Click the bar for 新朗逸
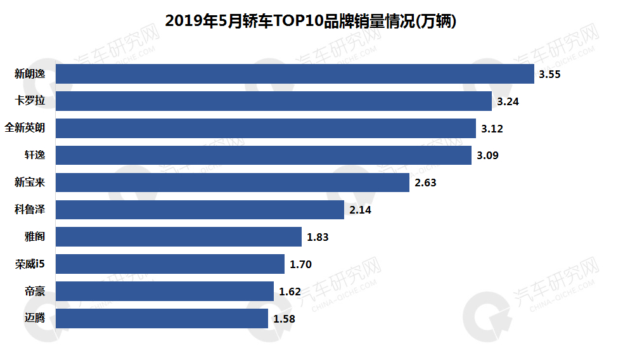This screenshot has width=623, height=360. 295,74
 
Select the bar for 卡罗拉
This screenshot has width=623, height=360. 274,101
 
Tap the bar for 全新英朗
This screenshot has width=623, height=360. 266,129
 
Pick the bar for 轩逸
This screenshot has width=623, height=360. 264,155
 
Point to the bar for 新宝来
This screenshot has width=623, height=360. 233,183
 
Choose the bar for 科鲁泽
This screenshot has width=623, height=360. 200,210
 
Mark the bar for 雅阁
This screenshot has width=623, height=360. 179,237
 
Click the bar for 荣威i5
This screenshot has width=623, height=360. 170,264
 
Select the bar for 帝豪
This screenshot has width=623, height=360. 165,292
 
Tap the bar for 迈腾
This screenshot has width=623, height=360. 162,319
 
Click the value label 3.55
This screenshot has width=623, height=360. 549,75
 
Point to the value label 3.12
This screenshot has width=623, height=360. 492,129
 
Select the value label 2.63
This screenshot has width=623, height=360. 425,183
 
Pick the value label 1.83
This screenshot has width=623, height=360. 318,237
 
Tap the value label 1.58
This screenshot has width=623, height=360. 284,319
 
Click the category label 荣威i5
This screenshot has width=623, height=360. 30,264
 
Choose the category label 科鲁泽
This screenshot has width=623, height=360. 30,210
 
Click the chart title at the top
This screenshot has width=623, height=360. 311,21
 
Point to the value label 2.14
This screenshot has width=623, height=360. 360,210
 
